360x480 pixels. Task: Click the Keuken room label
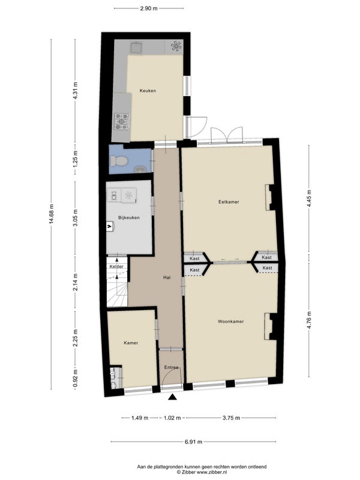pyautogui.click(x=148, y=91)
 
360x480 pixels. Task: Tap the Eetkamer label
pyautogui.click(x=229, y=202)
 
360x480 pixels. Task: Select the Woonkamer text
pyautogui.click(x=231, y=322)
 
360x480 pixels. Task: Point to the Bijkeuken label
pyautogui.click(x=129, y=218)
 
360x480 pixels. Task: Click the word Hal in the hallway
pyautogui.click(x=167, y=277)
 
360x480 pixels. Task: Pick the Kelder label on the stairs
pyautogui.click(x=116, y=266)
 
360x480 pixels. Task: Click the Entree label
pyautogui.click(x=171, y=367)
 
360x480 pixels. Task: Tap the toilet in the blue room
pyautogui.click(x=118, y=161)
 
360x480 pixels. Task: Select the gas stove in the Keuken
pyautogui.click(x=122, y=121)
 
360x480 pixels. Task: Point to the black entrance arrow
pyautogui.click(x=173, y=397)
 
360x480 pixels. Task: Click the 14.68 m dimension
pyautogui.click(x=52, y=214)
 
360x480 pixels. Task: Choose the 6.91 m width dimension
pyautogui.click(x=193, y=442)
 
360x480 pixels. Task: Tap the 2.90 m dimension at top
pyautogui.click(x=149, y=8)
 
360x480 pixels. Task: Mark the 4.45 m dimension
pyautogui.click(x=309, y=199)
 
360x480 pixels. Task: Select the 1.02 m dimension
pyautogui.click(x=172, y=418)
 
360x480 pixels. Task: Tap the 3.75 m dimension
pyautogui.click(x=231, y=418)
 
